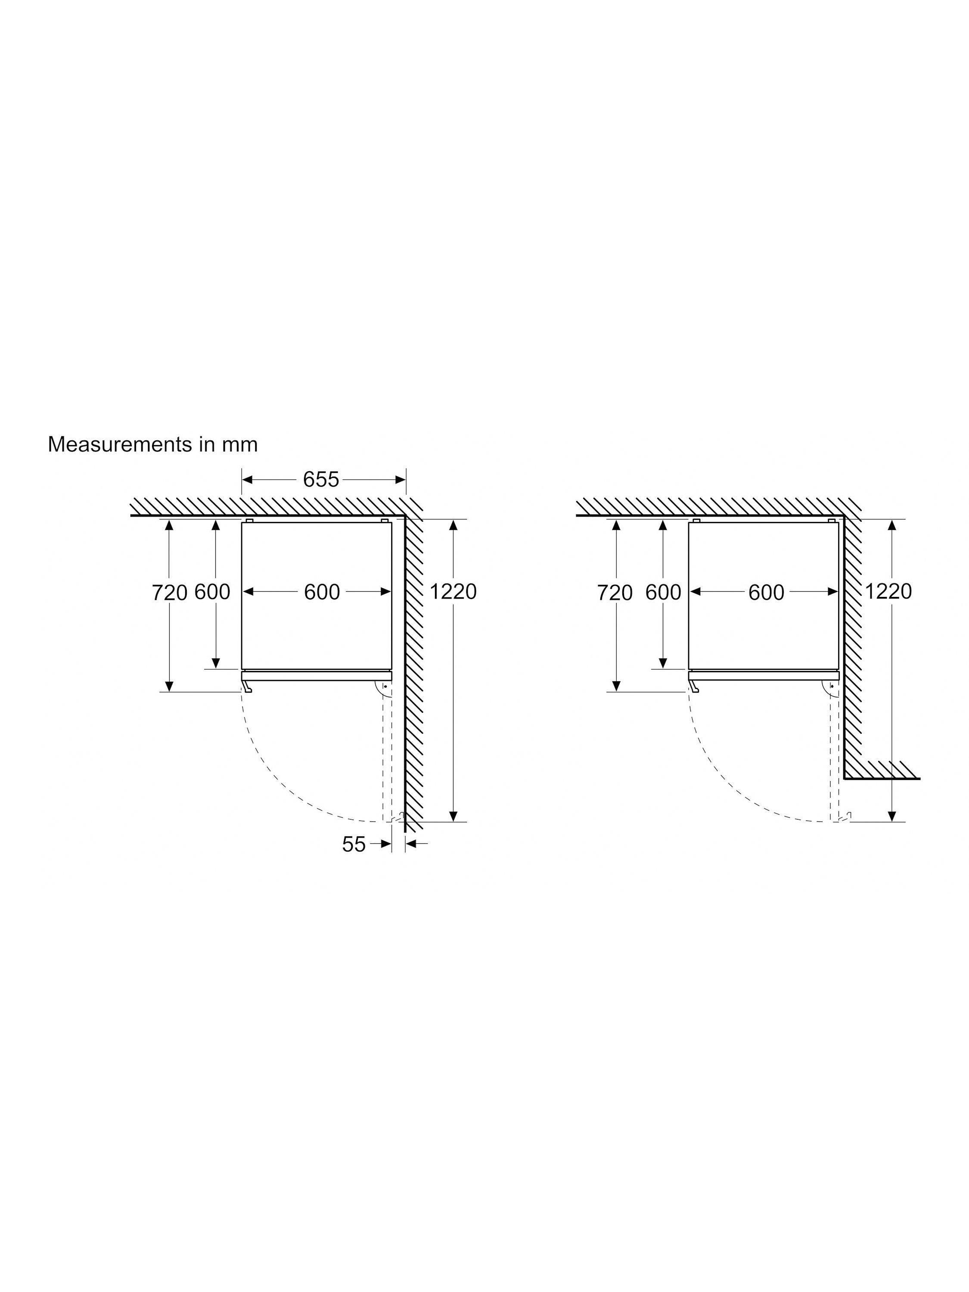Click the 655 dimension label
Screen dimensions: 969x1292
point(321,479)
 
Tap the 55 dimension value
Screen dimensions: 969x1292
point(354,844)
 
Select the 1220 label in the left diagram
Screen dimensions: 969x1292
point(453,592)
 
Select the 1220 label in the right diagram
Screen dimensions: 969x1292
point(888,592)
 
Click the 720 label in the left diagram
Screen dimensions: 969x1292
point(169,593)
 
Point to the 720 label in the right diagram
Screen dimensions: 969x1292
point(615,593)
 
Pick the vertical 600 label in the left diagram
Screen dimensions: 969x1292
point(212,592)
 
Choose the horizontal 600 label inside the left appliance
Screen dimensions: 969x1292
point(322,592)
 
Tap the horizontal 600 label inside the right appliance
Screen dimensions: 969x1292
point(766,593)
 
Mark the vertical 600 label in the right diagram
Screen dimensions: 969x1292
point(663,593)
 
